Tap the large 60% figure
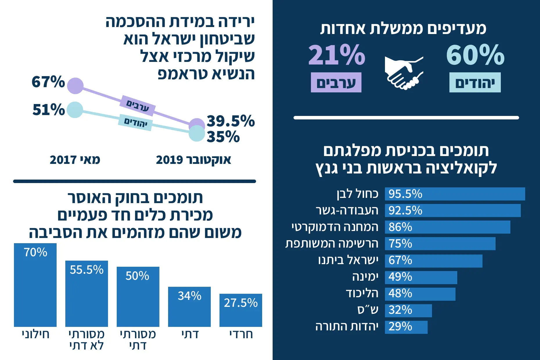tap(475, 55)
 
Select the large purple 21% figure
tap(336, 55)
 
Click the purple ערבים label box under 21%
tap(336, 83)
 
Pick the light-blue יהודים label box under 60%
tap(475, 83)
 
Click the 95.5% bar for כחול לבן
tap(455, 194)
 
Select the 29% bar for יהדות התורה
tap(406, 327)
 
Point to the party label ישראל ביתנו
tap(348, 260)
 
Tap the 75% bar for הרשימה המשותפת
tap(440, 244)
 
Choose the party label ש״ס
tap(368, 310)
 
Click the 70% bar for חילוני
tap(35, 285)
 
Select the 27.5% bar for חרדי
tap(241, 310)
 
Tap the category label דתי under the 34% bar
tap(190, 334)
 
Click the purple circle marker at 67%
tap(75, 86)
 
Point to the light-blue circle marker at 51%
tap(75, 110)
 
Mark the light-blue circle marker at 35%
tap(197, 133)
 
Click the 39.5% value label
tap(231, 121)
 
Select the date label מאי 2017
tap(75, 160)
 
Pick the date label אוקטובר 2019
tap(193, 160)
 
